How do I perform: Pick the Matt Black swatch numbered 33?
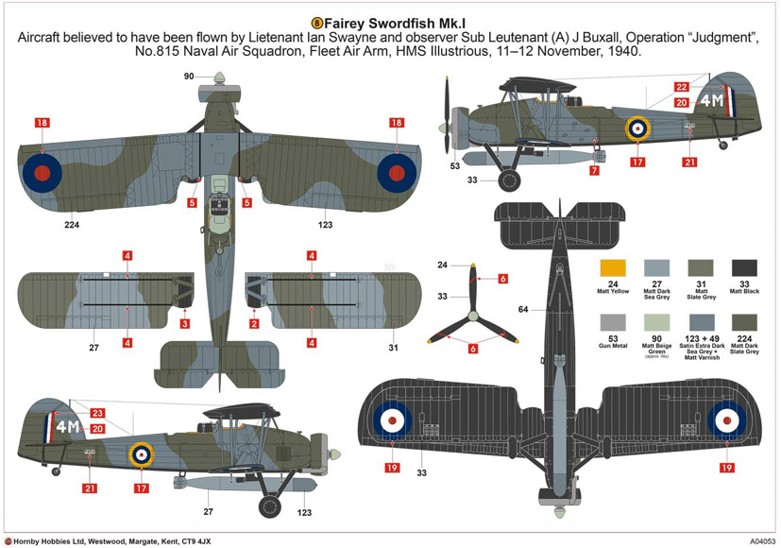[744, 268]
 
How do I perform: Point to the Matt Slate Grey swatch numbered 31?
[701, 268]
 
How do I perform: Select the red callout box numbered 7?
[594, 171]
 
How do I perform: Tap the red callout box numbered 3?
[185, 324]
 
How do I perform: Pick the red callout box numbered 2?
[253, 324]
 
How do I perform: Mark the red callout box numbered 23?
[97, 413]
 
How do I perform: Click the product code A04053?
[751, 541]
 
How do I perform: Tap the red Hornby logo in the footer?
[8, 541]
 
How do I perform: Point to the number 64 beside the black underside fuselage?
[523, 309]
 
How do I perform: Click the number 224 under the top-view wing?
[72, 225]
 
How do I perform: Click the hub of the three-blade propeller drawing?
[472, 304]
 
